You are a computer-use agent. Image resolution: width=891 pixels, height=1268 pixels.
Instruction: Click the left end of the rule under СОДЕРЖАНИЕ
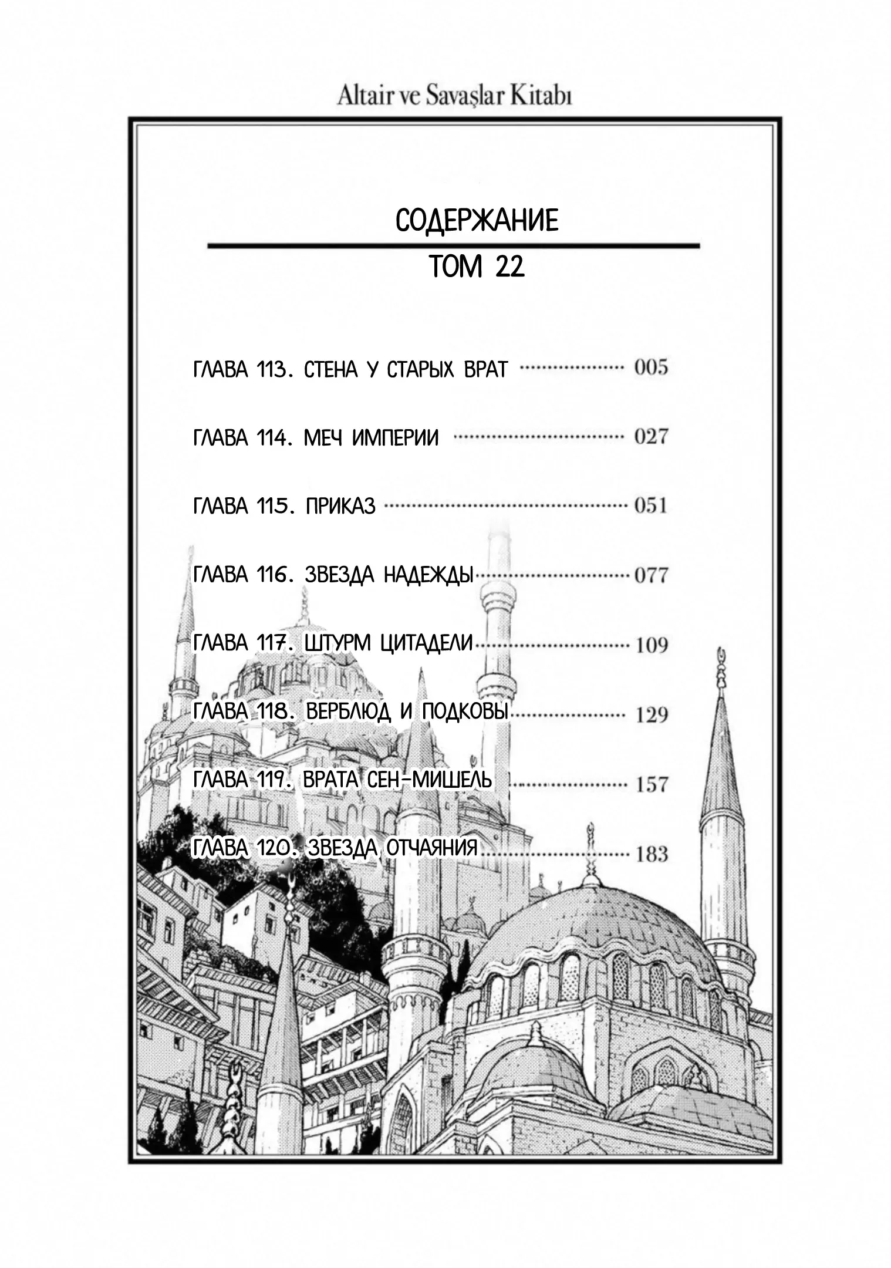point(208,245)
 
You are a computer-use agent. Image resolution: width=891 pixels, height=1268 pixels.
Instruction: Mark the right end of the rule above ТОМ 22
point(700,245)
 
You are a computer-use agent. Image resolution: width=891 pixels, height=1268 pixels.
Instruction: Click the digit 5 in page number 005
point(662,368)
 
